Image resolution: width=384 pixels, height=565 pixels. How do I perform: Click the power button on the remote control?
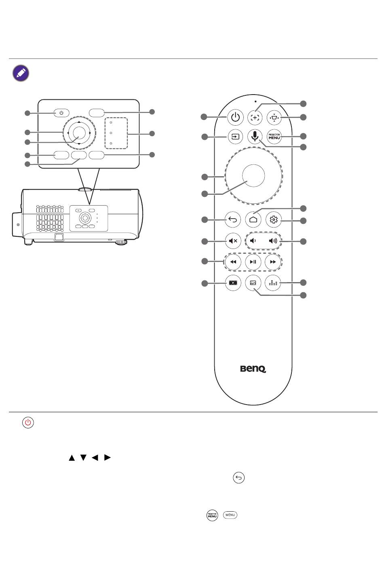click(235, 118)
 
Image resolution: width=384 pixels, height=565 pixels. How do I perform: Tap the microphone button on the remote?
click(254, 136)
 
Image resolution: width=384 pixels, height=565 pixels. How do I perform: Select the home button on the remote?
click(253, 220)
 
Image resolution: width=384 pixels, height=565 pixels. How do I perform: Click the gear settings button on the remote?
click(274, 220)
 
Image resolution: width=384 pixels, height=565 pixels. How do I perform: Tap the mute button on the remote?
click(233, 241)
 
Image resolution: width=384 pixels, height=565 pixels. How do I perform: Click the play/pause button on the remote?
click(253, 262)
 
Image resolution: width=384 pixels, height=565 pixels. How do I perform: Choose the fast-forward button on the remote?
click(273, 262)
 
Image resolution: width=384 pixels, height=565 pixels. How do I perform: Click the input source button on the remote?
click(235, 137)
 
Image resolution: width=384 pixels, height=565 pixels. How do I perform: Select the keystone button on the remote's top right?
click(274, 118)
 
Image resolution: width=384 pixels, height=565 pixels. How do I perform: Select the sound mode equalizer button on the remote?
click(274, 283)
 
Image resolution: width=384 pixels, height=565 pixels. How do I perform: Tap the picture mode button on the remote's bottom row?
click(253, 283)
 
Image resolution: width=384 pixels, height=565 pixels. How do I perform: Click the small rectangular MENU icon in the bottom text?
click(230, 515)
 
